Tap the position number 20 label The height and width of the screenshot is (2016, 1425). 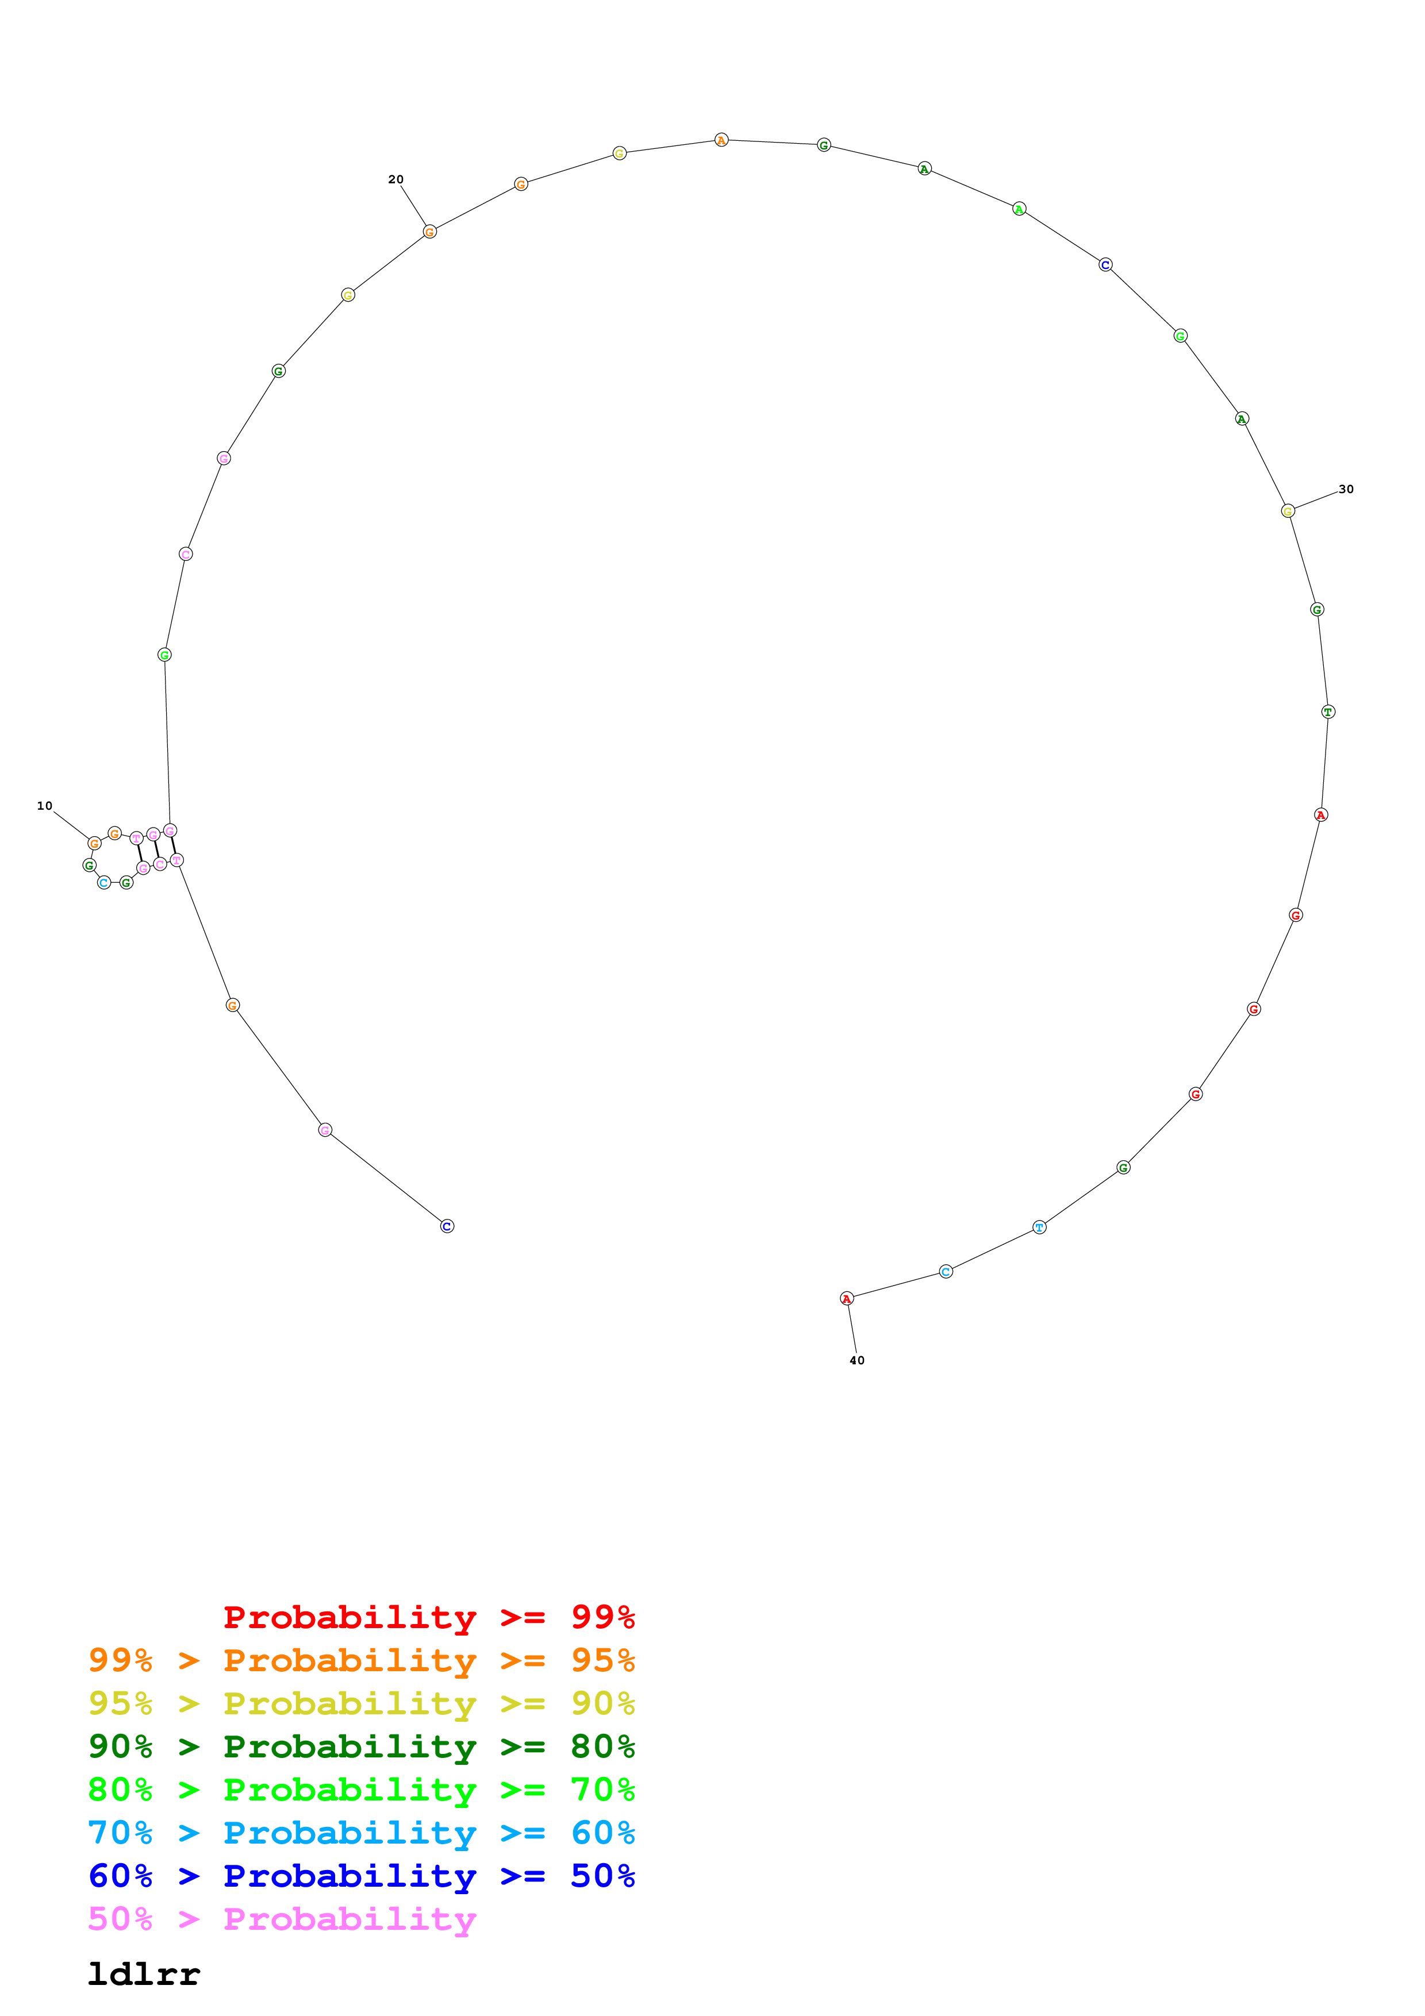tap(396, 179)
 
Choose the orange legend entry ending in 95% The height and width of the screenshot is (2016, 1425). tap(361, 1660)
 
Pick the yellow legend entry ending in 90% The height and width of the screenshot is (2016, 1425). tap(361, 1703)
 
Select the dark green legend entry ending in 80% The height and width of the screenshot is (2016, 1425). tap(361, 1746)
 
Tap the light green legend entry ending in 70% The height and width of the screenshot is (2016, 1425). tap(361, 1790)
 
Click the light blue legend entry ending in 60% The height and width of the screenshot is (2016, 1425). tap(361, 1833)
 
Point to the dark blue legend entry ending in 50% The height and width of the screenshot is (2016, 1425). tap(361, 1876)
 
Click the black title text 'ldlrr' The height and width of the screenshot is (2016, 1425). tap(144, 1974)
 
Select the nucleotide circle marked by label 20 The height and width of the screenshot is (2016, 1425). tap(429, 232)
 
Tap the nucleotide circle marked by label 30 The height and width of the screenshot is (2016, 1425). tap(1287, 511)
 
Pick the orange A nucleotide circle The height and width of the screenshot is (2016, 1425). tap(721, 140)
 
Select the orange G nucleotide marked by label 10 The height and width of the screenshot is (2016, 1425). tap(94, 844)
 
